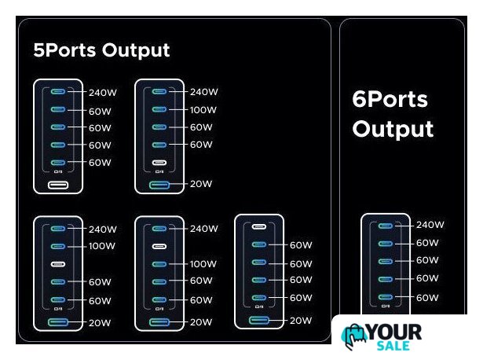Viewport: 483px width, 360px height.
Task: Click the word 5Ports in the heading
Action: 64,50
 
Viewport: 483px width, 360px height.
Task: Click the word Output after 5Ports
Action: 136,50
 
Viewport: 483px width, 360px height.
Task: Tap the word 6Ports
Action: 390,99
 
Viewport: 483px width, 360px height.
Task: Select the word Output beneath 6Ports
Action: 393,129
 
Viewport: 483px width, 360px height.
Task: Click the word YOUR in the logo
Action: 394,332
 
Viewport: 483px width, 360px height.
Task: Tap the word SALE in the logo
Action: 393,346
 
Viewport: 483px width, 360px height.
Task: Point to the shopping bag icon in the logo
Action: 353,336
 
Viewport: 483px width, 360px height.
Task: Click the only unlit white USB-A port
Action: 58,185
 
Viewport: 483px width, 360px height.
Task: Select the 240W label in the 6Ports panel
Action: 430,225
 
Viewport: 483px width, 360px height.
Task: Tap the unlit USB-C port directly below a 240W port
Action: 159,246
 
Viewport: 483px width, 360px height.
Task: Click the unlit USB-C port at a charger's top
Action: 258,227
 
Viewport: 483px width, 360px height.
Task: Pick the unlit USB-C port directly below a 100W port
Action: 58,264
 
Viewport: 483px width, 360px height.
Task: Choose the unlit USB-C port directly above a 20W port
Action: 159,163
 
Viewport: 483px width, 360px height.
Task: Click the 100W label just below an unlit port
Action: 203,264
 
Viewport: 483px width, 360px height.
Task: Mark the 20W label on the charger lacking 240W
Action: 300,321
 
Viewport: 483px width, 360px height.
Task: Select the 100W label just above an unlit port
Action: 102,246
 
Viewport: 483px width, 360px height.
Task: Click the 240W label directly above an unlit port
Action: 204,229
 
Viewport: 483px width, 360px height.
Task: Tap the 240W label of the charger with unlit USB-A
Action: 103,93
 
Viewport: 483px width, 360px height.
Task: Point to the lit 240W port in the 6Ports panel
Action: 386,226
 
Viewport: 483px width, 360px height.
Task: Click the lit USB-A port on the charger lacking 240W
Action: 258,320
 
